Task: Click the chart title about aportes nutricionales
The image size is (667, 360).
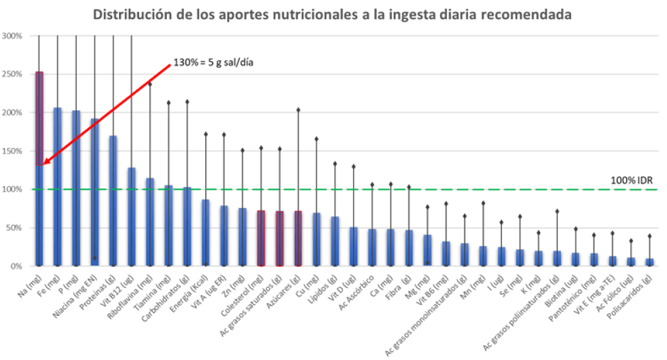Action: tap(332, 14)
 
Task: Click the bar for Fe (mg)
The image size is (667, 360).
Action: tap(58, 187)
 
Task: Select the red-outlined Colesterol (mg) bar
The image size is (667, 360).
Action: tap(261, 238)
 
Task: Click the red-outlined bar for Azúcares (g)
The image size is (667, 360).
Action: tap(298, 238)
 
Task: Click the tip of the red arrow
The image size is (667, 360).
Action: tap(42, 164)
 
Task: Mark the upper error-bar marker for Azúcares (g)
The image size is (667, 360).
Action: tap(298, 109)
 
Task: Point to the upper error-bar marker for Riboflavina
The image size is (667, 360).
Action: tap(149, 84)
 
